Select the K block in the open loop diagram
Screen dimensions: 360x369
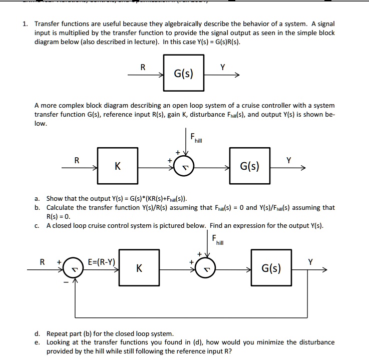tap(117, 166)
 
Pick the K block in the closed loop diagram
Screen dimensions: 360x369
tap(139, 269)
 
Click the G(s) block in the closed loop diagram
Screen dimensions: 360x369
tap(271, 269)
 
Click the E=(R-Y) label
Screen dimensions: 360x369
tap(102, 262)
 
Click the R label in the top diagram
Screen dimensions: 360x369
tap(143, 67)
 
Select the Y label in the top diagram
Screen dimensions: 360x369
tap(223, 67)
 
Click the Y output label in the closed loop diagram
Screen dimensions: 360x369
tap(311, 261)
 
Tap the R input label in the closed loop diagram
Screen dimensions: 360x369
tap(43, 261)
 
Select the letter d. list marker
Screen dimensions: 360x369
tap(38, 333)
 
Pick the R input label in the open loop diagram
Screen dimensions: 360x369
tap(76, 160)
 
